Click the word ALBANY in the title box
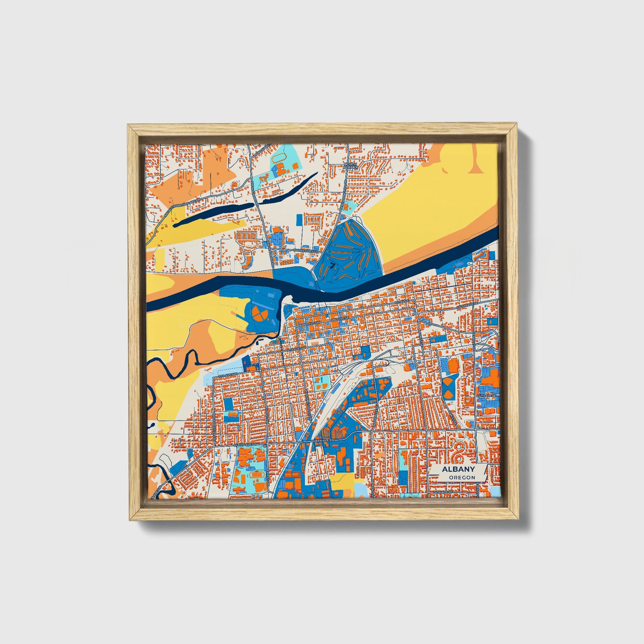pos(458,469)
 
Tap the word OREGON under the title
pos(462,477)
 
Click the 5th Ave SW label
pos(296,349)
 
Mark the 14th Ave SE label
pos(487,395)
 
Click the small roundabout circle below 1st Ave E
pos(417,314)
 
